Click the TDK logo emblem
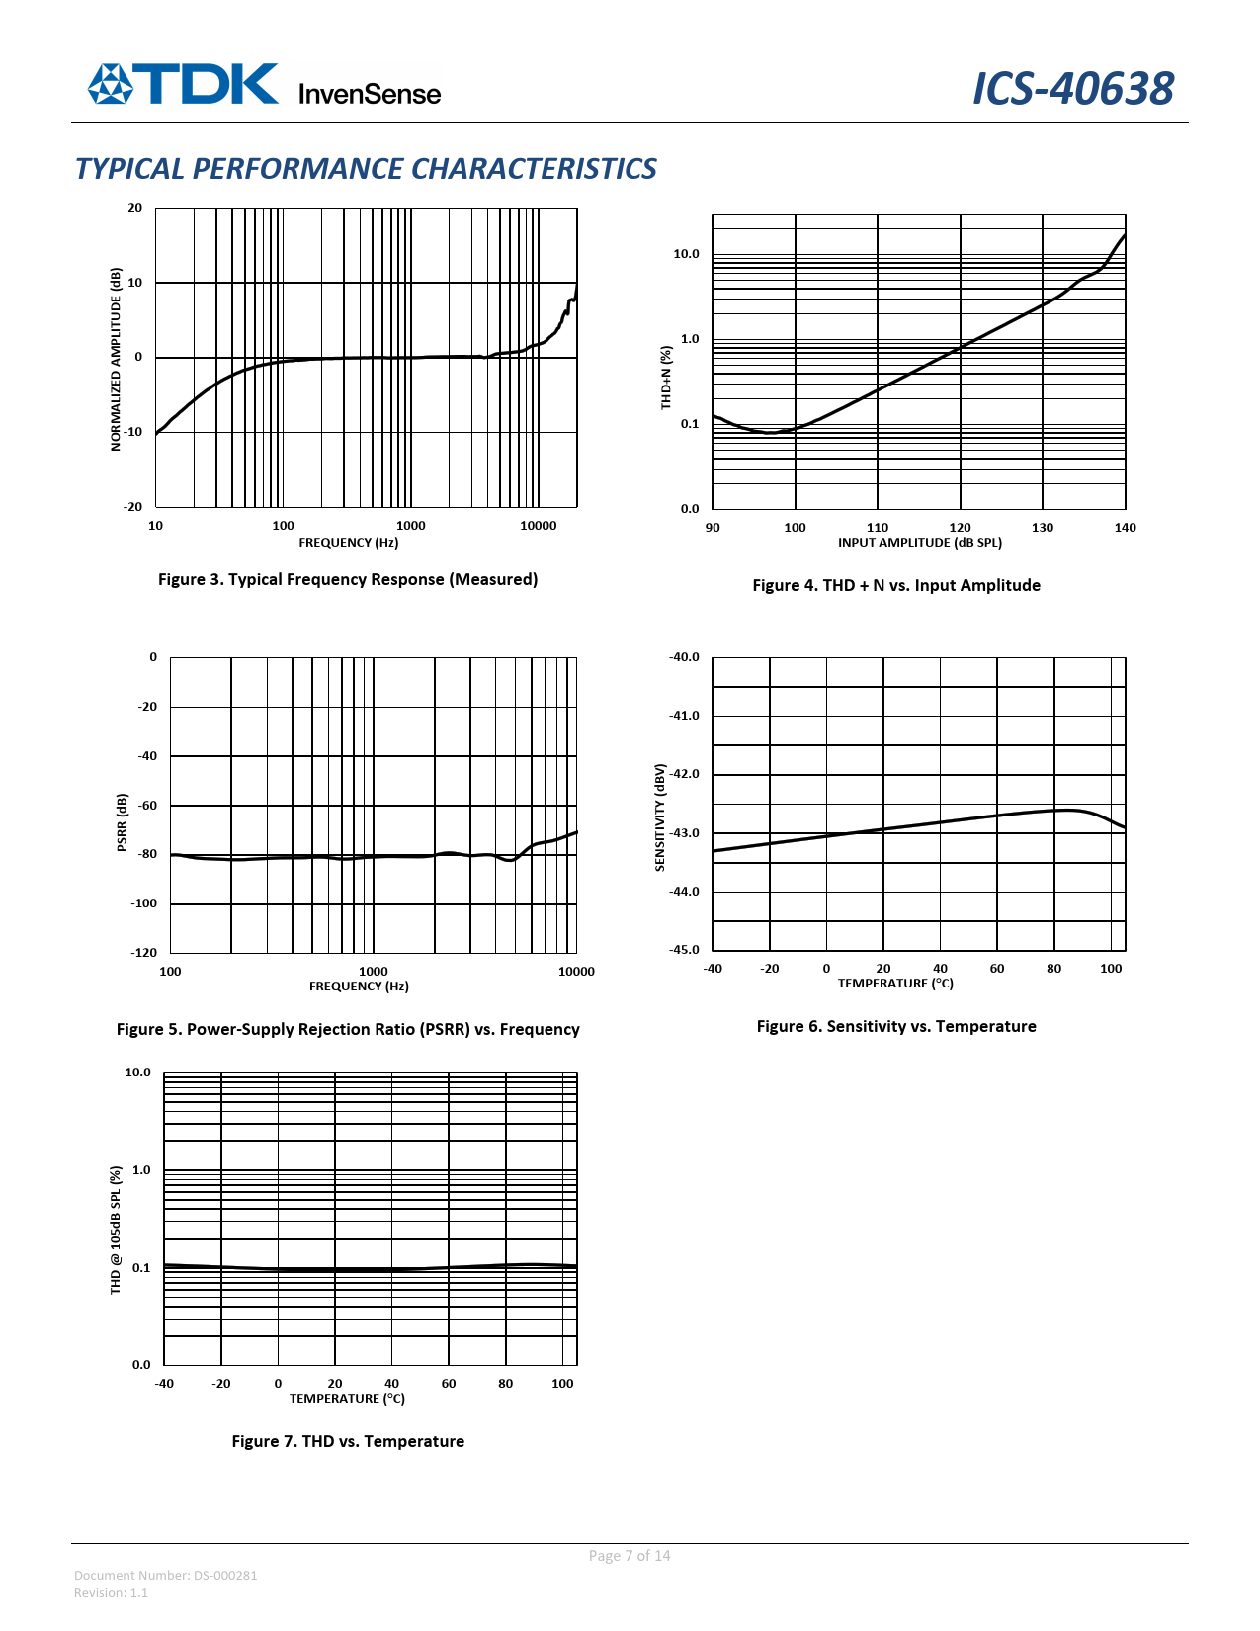pyautogui.click(x=110, y=84)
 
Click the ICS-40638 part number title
pyautogui.click(x=1073, y=89)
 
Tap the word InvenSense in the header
pyautogui.click(x=369, y=94)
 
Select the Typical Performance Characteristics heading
pyautogui.click(x=366, y=169)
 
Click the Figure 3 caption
pyautogui.click(x=348, y=579)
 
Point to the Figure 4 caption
pyautogui.click(x=896, y=585)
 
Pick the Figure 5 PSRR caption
pyautogui.click(x=348, y=1029)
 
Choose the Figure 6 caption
pyautogui.click(x=896, y=1026)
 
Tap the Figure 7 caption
pyautogui.click(x=348, y=1441)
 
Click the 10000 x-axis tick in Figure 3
pyautogui.click(x=538, y=526)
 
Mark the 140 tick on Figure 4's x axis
pyautogui.click(x=1125, y=528)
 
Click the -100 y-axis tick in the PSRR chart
pyautogui.click(x=143, y=903)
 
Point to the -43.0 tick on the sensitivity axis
pyautogui.click(x=684, y=833)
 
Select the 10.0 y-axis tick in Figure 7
pyautogui.click(x=137, y=1073)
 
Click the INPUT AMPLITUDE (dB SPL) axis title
pyautogui.click(x=919, y=543)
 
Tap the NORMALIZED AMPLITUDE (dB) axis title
pyautogui.click(x=116, y=359)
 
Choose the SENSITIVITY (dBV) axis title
pyautogui.click(x=660, y=816)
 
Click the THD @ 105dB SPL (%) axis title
pyautogui.click(x=116, y=1230)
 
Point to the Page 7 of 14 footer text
pyautogui.click(x=630, y=1556)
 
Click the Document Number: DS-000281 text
pyautogui.click(x=166, y=1575)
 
